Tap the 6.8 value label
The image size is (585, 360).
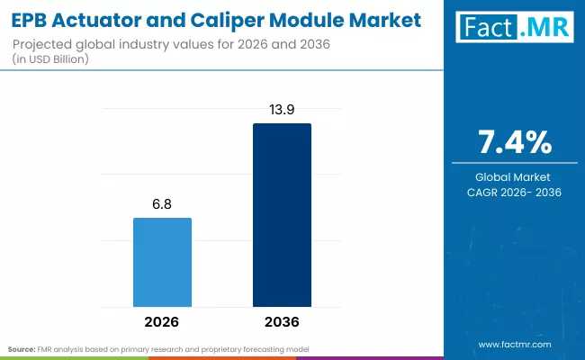tap(162, 204)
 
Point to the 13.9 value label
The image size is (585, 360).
tap(282, 110)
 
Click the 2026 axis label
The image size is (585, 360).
tap(162, 321)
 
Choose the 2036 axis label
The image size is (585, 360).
tap(282, 321)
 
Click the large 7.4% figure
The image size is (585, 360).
tap(514, 142)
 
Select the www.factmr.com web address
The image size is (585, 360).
tap(515, 345)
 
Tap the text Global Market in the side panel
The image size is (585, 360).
tap(514, 177)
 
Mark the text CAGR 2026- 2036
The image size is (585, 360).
tap(514, 192)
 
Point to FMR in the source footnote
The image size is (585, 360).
tap(48, 348)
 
